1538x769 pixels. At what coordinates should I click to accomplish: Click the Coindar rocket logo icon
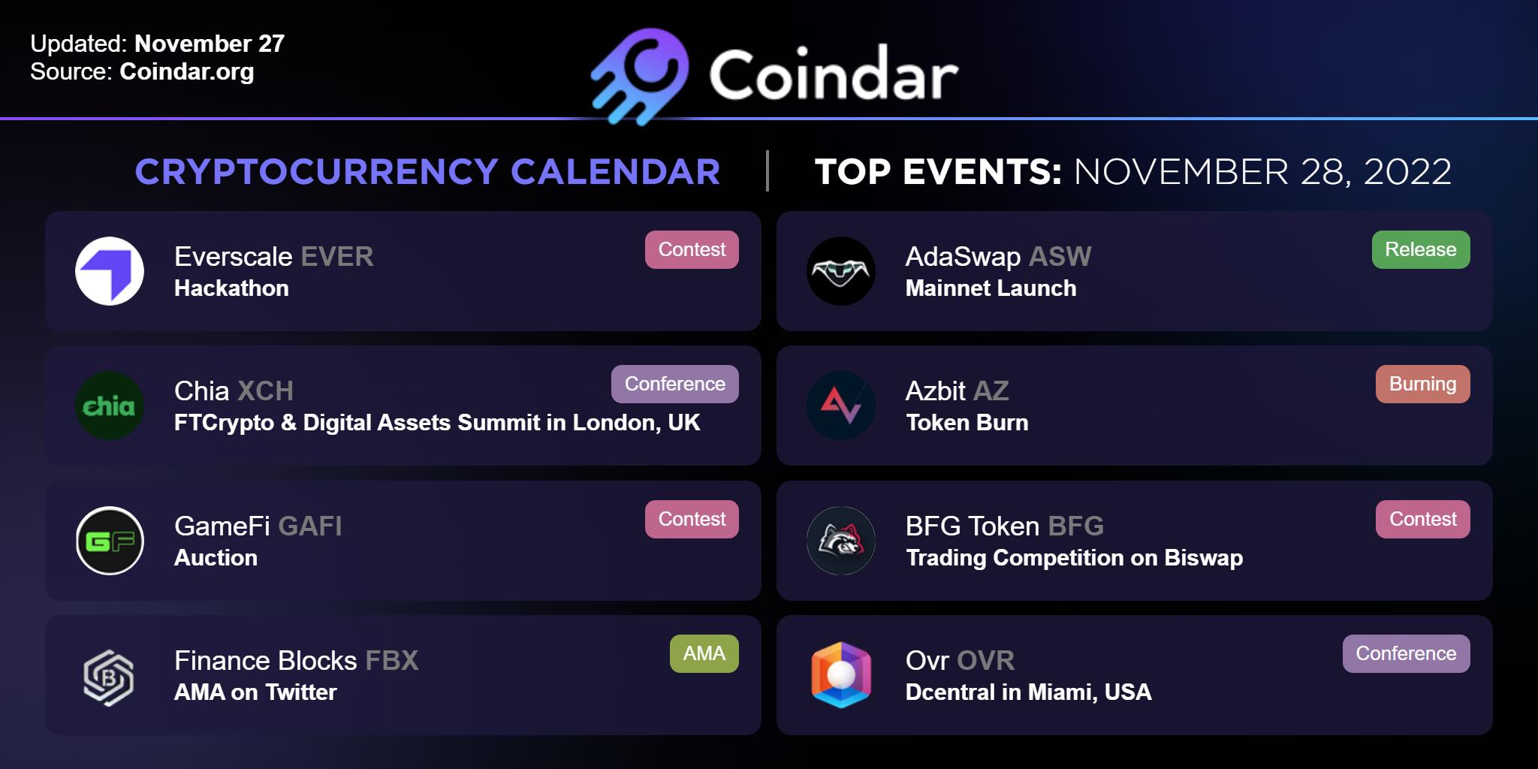(x=640, y=76)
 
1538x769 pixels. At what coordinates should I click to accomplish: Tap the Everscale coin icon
(x=110, y=271)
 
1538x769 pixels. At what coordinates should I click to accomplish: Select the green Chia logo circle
(x=110, y=406)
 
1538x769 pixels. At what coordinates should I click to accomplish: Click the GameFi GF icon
(x=110, y=541)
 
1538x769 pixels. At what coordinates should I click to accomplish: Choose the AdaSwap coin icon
(x=841, y=271)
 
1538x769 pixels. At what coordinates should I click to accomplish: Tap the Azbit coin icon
(x=841, y=406)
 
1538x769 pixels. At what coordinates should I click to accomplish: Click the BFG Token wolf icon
(x=841, y=541)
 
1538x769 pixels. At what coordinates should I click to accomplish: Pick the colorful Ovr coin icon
(x=841, y=675)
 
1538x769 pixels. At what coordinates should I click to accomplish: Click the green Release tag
(x=1421, y=249)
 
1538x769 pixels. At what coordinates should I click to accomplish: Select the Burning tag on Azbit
(x=1423, y=384)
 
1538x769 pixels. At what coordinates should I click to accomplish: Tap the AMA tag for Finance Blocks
(x=704, y=653)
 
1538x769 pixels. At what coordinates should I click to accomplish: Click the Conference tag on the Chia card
(x=675, y=384)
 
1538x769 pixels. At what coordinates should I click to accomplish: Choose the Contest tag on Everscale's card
(x=692, y=249)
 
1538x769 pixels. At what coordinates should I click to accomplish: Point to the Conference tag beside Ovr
(x=1407, y=653)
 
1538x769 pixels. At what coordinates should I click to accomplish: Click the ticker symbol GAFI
(x=310, y=526)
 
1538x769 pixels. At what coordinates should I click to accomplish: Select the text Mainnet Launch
(x=991, y=288)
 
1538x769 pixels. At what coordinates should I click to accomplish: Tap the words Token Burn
(x=967, y=423)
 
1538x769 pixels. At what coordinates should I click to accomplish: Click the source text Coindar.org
(x=187, y=72)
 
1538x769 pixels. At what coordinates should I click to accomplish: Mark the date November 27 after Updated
(x=210, y=44)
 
